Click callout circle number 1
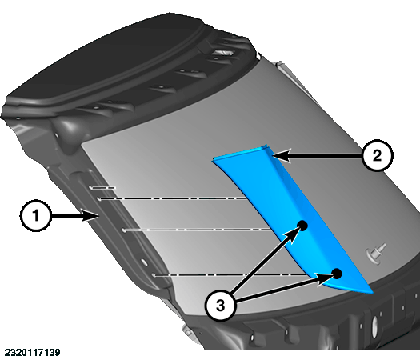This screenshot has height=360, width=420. click(35, 216)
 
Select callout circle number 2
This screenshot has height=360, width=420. click(377, 155)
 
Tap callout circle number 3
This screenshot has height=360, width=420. click(220, 305)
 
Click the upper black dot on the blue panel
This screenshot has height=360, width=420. click(302, 226)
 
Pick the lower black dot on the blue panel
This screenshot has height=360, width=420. click(337, 274)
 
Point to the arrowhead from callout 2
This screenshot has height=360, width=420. click(282, 155)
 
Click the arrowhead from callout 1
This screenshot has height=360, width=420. click(90, 216)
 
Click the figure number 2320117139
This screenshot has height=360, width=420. click(33, 353)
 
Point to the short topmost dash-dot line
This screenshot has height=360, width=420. click(103, 188)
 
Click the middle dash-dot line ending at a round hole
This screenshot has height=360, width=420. click(198, 230)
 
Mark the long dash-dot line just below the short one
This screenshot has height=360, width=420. click(173, 198)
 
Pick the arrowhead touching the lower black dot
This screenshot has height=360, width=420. click(324, 279)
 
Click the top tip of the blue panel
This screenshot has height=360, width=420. click(265, 146)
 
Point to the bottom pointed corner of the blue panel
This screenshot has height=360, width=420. click(372, 293)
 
